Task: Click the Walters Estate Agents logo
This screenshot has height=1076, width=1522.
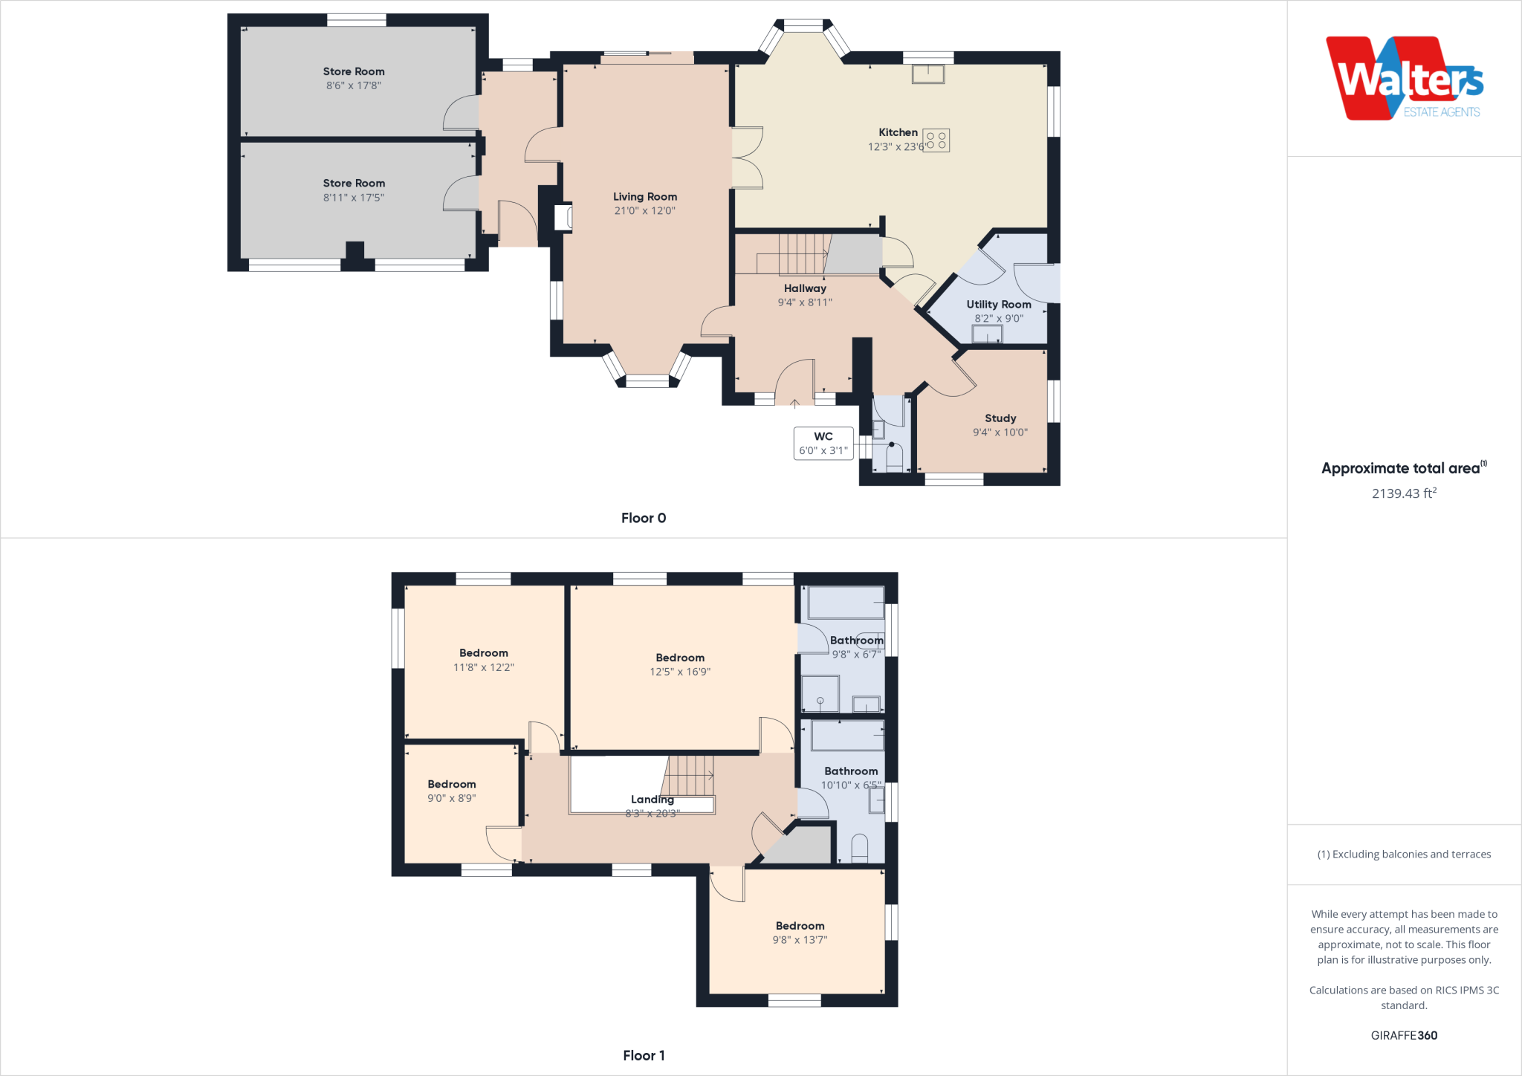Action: point(1405,79)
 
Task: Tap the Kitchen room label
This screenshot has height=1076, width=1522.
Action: point(898,132)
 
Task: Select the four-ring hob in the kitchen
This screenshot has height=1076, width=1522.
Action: point(936,140)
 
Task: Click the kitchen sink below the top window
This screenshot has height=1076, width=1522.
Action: point(928,74)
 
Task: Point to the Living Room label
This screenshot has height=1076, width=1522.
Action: point(645,197)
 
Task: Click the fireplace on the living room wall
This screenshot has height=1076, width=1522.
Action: point(563,217)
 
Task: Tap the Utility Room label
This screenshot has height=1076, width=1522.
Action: point(999,305)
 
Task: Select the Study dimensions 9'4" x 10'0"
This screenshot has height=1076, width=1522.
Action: point(1000,432)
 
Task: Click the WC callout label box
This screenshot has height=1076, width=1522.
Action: point(823,444)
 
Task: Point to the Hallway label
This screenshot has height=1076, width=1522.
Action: point(805,288)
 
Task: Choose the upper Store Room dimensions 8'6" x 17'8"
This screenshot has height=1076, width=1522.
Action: point(354,85)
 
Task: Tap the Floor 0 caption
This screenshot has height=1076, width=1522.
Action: point(644,518)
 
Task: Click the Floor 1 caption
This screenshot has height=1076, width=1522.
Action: point(644,1055)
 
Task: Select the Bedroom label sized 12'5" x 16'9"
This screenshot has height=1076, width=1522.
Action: point(680,658)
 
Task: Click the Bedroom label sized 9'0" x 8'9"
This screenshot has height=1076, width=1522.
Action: point(452,784)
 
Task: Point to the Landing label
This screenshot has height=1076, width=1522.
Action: point(652,800)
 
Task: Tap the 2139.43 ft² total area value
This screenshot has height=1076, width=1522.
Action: point(1404,493)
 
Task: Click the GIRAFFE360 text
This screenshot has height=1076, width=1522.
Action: point(1404,1035)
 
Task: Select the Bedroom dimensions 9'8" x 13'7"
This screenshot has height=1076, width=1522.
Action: point(800,940)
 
